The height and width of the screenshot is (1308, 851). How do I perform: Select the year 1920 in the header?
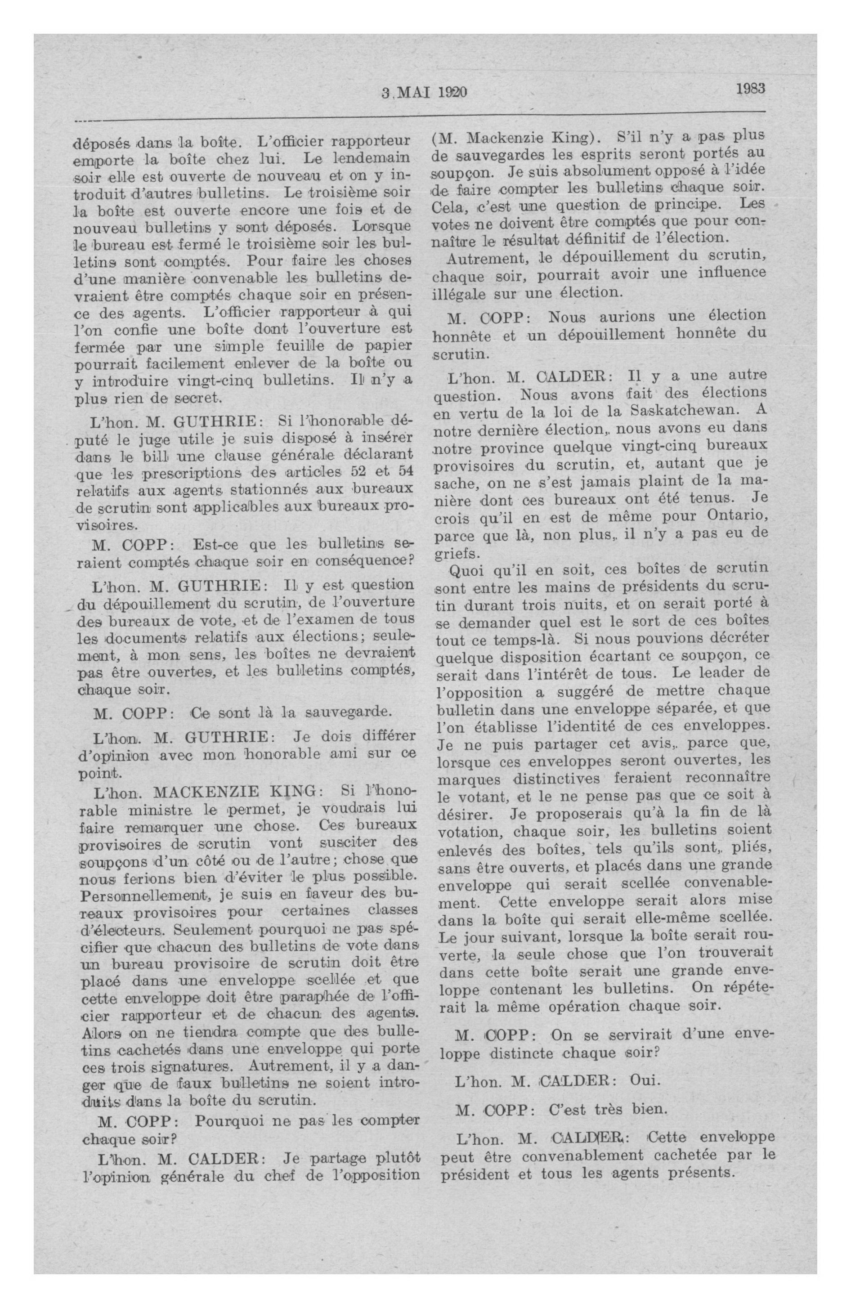[x=451, y=93]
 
